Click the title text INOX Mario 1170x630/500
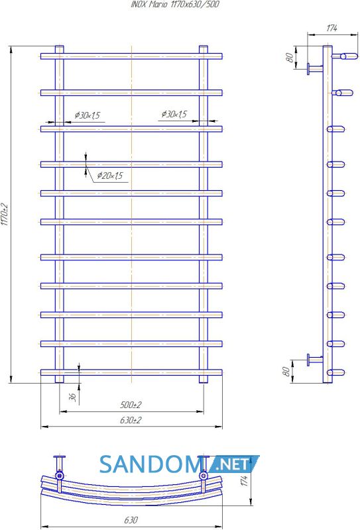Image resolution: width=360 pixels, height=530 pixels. (175, 5)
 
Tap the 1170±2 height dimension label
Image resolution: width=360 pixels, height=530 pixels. (4, 214)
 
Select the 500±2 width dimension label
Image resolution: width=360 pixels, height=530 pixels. (131, 405)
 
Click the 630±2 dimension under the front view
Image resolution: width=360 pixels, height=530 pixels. (131, 420)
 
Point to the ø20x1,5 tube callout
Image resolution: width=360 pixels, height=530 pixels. (110, 176)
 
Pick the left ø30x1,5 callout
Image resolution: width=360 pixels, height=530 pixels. (88, 115)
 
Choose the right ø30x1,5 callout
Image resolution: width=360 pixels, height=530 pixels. (174, 114)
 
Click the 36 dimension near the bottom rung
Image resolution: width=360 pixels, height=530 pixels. (72, 397)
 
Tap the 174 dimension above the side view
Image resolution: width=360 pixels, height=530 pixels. (331, 28)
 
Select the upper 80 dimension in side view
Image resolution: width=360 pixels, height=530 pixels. (290, 58)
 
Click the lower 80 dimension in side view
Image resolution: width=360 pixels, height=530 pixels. (286, 372)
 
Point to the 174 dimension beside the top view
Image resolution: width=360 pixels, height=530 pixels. (245, 480)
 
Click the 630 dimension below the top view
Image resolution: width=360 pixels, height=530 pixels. (131, 519)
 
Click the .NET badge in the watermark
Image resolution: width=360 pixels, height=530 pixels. (233, 464)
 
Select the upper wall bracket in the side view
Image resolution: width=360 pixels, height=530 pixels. (315, 69)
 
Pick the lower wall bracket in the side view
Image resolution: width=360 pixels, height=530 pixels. (315, 360)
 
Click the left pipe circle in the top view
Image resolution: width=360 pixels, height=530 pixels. (60, 476)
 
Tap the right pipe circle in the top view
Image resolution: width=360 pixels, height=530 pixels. (204, 476)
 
